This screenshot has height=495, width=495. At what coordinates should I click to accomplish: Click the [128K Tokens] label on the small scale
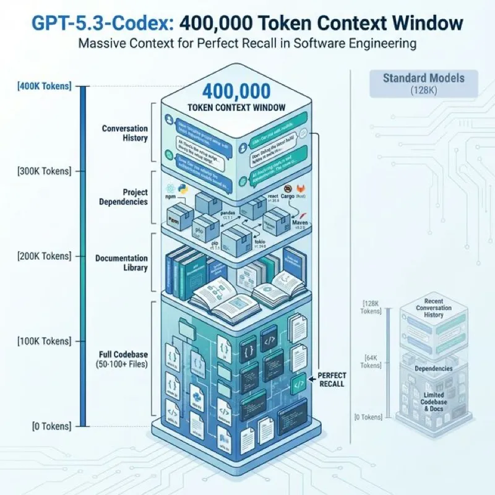coord(371,306)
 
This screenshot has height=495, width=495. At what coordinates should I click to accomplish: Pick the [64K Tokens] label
coord(371,361)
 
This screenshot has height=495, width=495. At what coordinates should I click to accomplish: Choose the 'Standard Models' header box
coord(415,84)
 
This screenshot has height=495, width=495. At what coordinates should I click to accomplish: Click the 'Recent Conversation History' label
coord(433,308)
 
